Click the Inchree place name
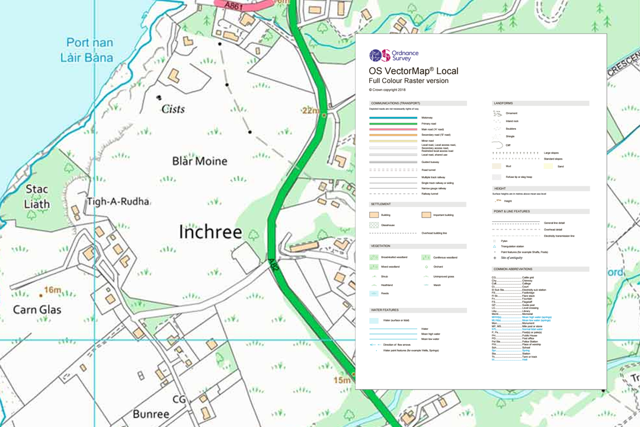pos(210,232)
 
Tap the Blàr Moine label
pos(199,161)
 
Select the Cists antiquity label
pos(173,109)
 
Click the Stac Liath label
pos(37,197)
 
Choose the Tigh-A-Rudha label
pos(118,201)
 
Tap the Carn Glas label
pos(37,310)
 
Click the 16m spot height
pos(52,289)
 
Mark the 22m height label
pos(311,110)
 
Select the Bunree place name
pos(151,413)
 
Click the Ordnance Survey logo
pos(394,56)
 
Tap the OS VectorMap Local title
pos(413,71)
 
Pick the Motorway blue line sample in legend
pos(393,117)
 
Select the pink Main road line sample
pos(393,129)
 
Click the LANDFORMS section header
pos(503,103)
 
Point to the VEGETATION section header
pos(385,246)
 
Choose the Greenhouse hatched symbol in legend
pos(374,225)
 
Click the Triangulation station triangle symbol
pos(495,246)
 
